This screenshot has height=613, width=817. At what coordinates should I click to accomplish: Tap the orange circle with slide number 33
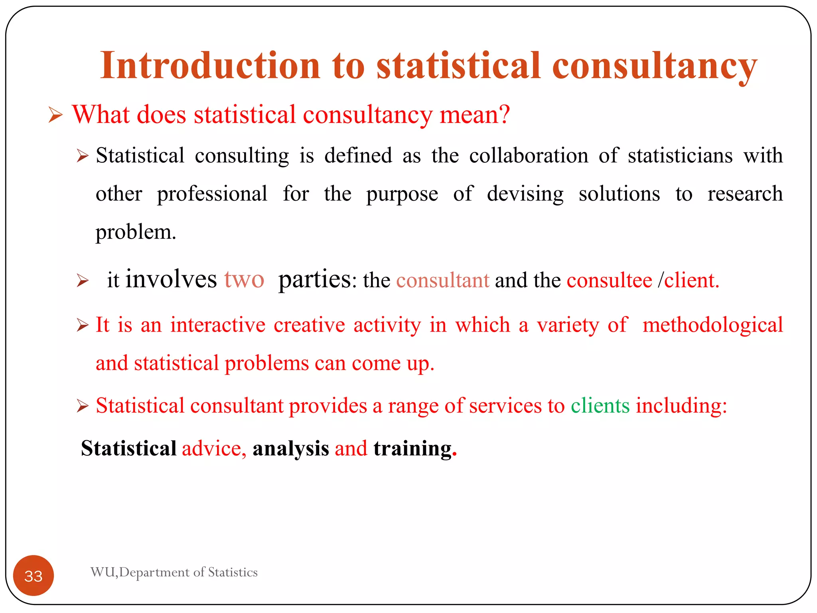[34, 575]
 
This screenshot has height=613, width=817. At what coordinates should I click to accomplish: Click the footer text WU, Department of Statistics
[174, 572]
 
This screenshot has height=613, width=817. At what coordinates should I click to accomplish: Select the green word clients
[600, 406]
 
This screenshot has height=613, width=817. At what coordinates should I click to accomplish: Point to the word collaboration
[529, 156]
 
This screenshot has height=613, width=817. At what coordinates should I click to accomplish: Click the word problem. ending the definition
[136, 232]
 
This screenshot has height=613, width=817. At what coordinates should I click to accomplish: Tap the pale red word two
[244, 279]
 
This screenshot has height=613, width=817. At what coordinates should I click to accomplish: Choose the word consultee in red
[609, 280]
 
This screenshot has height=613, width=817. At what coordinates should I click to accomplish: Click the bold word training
[412, 449]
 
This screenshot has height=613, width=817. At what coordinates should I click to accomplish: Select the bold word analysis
[290, 449]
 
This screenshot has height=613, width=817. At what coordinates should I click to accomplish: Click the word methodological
[712, 325]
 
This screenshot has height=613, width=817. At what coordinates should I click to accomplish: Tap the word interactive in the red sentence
[218, 325]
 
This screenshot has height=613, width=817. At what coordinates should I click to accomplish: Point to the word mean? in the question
[474, 115]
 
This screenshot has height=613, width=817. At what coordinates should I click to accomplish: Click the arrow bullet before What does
[55, 115]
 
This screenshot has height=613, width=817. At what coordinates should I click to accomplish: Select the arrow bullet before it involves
[83, 281]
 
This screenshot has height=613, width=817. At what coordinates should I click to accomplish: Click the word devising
[525, 194]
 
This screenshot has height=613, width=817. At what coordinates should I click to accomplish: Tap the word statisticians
[680, 156]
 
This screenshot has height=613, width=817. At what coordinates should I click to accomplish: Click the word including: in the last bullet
[681, 406]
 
